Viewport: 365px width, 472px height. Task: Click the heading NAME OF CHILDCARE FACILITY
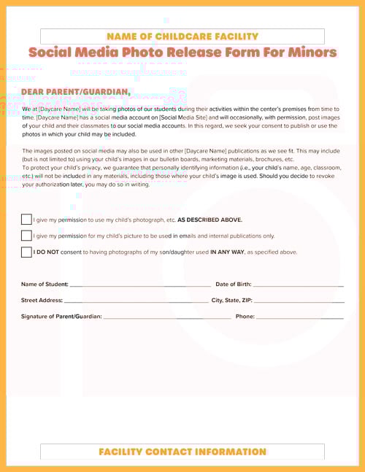[x=182, y=36]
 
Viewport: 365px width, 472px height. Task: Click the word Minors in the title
[x=307, y=53]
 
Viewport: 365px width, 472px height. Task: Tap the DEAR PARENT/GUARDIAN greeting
[x=76, y=92]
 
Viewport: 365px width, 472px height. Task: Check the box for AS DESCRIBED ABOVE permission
[x=26, y=220]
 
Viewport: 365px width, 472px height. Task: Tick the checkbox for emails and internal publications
[x=26, y=236]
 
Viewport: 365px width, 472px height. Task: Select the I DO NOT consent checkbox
[x=26, y=252]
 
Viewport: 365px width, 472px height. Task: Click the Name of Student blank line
[x=139, y=285]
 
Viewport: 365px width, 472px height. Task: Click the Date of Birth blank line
[x=297, y=285]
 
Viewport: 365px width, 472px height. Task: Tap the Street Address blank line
[x=136, y=301]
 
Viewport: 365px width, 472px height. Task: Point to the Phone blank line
[x=299, y=317]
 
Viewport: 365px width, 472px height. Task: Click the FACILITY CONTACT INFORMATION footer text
[x=182, y=452]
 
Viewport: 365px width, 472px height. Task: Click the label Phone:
[x=245, y=317]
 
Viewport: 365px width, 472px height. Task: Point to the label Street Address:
[x=42, y=300]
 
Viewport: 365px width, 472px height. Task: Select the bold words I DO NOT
[x=47, y=252]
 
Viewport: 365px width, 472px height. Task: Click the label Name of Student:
[x=45, y=284]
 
